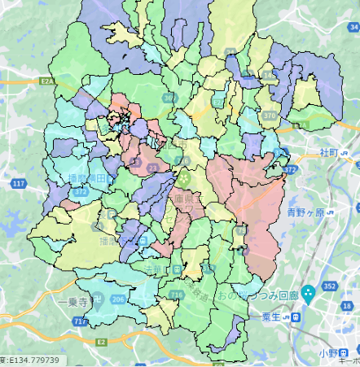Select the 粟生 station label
[277, 316]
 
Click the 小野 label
[328, 352]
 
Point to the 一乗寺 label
[72, 301]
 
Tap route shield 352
[329, 286]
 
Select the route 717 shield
[80, 322]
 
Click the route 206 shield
[118, 299]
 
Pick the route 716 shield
[177, 294]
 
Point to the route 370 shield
[270, 116]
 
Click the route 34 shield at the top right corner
[353, 27]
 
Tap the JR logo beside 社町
[346, 153]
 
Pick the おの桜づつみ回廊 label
[255, 293]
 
